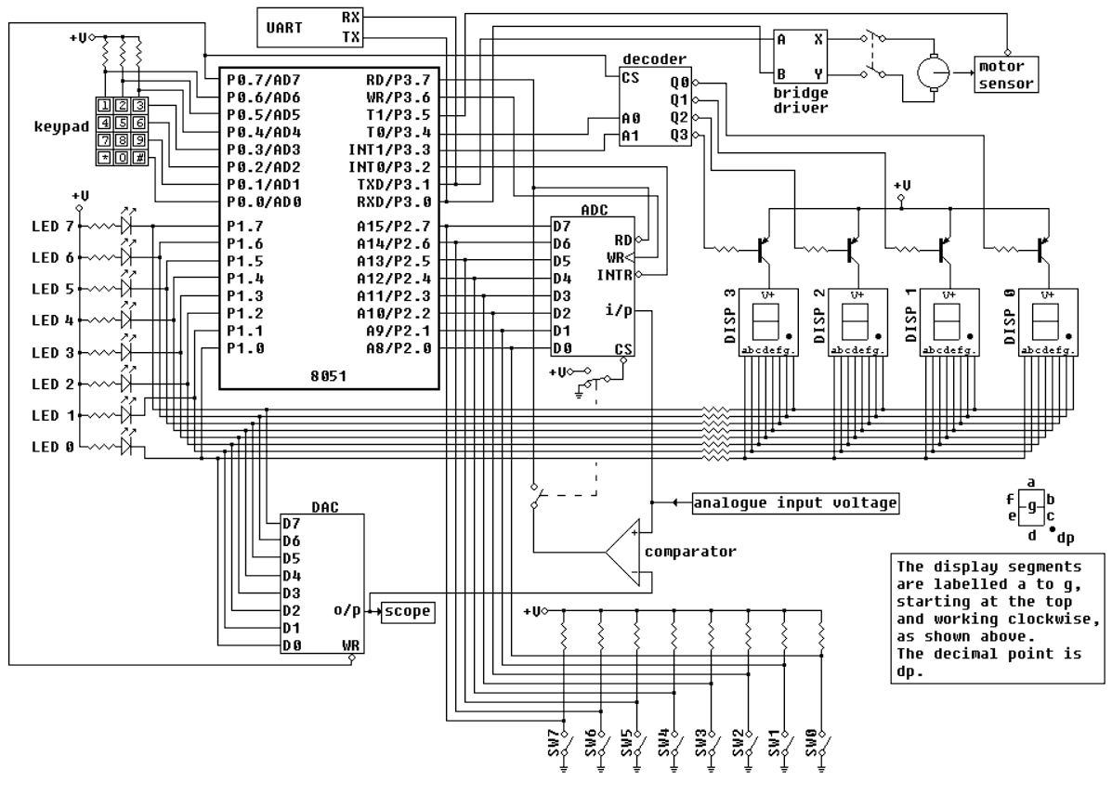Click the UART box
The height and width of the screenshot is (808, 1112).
[309, 27]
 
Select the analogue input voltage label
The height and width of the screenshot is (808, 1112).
[794, 503]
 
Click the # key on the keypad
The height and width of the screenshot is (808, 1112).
[138, 157]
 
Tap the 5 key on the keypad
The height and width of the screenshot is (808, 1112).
[122, 123]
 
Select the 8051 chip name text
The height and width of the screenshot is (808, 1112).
[329, 375]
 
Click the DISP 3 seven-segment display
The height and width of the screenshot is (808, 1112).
[767, 321]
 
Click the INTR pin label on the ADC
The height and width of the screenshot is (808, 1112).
[615, 275]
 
